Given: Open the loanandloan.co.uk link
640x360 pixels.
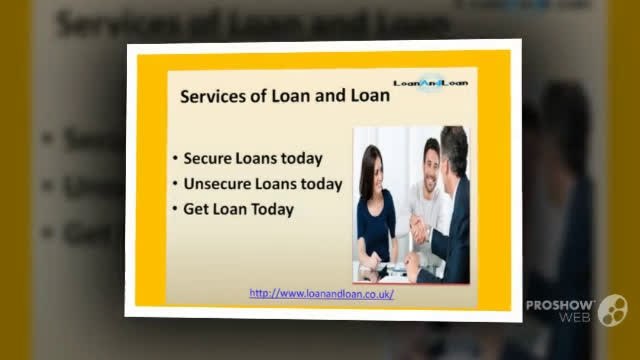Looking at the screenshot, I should [320, 293].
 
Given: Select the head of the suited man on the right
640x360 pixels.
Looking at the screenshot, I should [454, 150].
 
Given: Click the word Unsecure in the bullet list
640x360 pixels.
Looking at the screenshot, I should [215, 184].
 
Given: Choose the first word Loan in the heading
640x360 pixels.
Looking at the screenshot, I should [283, 98].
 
